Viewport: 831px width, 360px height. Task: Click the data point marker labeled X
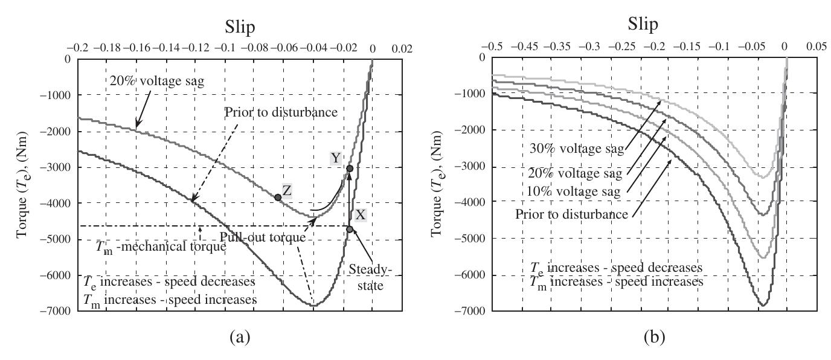tap(350, 229)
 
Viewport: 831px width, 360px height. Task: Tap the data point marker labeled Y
tap(350, 169)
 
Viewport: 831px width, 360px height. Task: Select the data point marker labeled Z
tap(278, 198)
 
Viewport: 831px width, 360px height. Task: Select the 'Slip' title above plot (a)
tap(225, 28)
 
